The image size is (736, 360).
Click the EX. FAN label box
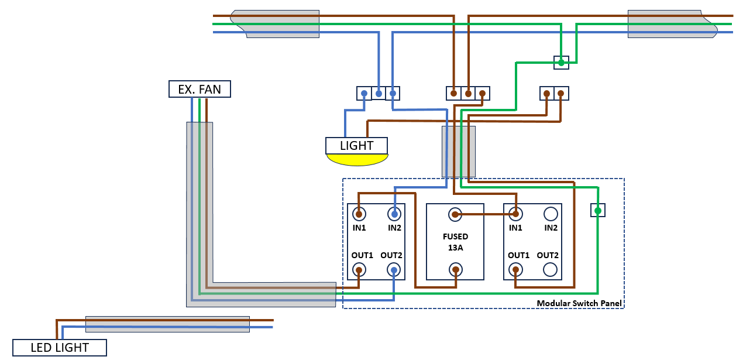point(200,89)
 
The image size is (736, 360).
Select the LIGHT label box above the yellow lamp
point(356,145)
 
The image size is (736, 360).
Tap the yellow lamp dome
point(357,159)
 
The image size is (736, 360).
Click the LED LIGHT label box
point(59,348)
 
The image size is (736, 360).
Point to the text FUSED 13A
point(455,242)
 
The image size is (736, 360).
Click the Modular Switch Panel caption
point(579,303)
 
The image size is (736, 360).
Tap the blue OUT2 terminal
point(395,269)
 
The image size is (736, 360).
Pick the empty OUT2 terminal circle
point(550,269)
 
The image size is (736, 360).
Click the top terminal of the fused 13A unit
point(455,215)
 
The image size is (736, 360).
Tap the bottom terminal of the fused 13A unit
point(455,269)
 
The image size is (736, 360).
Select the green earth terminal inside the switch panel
point(597,210)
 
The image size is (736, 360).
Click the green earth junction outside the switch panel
point(560,62)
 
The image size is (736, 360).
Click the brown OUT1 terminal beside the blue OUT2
point(359,269)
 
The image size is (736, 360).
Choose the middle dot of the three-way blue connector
point(379,93)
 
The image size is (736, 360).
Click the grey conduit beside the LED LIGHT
point(167,324)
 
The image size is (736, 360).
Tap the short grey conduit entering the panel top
point(458,151)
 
